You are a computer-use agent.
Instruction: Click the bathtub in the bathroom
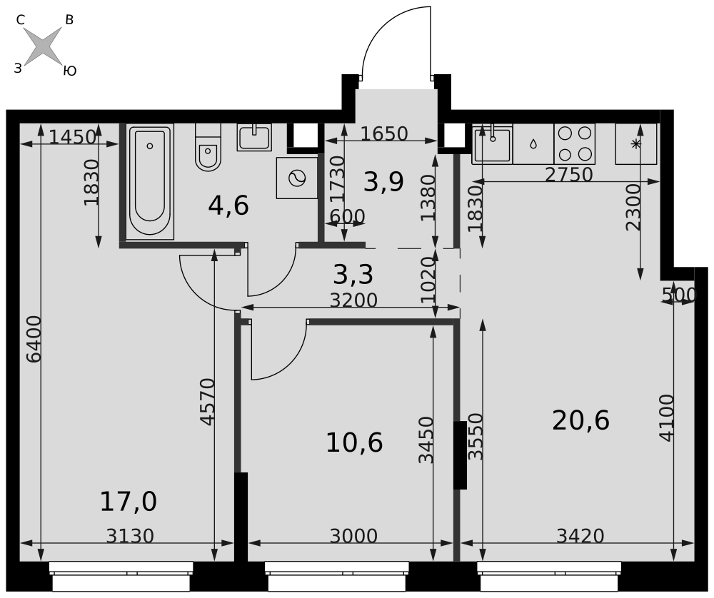[150, 181]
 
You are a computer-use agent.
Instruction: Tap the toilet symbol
[208, 147]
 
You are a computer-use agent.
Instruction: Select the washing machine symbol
[297, 178]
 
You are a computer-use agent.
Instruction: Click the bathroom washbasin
[254, 137]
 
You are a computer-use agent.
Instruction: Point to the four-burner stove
[575, 144]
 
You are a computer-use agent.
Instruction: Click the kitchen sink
[492, 144]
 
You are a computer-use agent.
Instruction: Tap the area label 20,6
[580, 420]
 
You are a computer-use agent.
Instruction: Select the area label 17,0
[129, 502]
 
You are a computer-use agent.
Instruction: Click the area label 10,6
[354, 443]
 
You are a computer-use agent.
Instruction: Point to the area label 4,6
[228, 206]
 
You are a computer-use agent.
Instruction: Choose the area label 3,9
[384, 183]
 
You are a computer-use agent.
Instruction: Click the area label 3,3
[353, 275]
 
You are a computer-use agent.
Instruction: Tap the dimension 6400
[34, 340]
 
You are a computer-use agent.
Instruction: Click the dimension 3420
[580, 536]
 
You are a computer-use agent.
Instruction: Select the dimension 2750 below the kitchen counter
[569, 175]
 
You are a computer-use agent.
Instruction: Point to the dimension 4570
[207, 402]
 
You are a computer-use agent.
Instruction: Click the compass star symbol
[42, 46]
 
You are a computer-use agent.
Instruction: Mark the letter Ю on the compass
[70, 71]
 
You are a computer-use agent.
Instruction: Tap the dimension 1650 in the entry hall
[384, 133]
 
